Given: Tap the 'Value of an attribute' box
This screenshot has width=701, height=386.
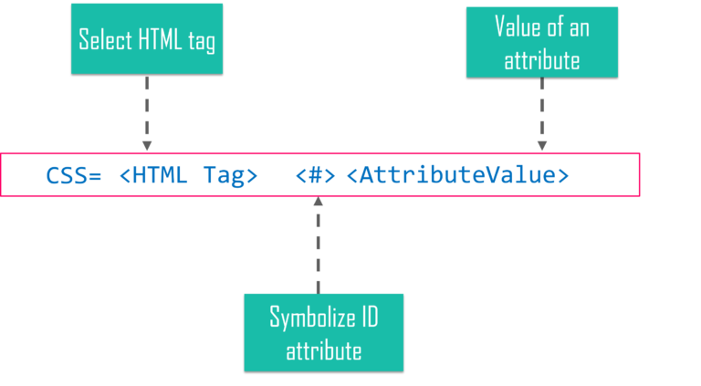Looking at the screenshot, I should [541, 42].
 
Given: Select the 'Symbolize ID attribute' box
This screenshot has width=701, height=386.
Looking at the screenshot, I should [323, 332].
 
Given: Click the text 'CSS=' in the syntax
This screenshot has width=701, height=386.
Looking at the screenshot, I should [74, 175].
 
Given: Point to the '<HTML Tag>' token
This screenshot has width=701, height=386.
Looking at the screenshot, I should [188, 175].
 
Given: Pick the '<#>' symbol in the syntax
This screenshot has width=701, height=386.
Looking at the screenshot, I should [316, 175].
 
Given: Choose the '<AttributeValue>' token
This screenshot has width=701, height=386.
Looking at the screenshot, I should [457, 175].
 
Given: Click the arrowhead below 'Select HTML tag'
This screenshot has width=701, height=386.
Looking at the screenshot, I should [146, 146].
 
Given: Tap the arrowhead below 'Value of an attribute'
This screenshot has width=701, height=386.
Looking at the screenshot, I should [541, 146].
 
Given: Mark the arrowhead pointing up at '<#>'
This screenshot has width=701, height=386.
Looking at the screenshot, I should [318, 201].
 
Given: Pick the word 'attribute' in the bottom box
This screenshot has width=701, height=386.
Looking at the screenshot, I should [323, 350].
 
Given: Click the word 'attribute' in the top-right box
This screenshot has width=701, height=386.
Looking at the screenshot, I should [541, 61].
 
